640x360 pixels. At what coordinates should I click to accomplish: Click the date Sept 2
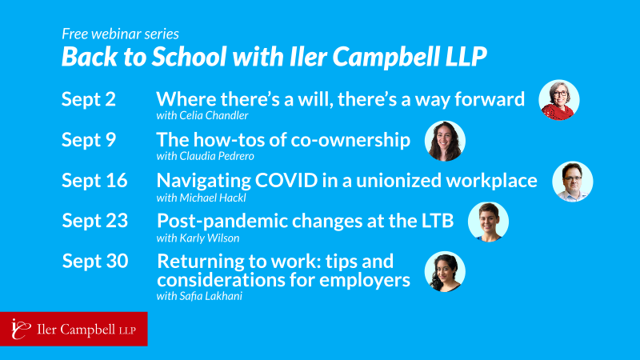click(89, 99)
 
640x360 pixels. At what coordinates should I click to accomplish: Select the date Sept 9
click(89, 140)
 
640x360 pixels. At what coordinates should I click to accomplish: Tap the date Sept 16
click(94, 181)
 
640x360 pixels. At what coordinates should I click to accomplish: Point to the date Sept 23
click(95, 221)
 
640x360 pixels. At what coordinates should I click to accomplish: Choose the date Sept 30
click(95, 262)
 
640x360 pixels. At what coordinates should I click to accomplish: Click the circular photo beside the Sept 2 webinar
click(558, 100)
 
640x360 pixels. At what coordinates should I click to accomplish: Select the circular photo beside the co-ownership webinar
click(445, 141)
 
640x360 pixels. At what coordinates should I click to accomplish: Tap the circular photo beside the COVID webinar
click(573, 182)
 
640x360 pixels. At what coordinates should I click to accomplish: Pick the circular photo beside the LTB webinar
click(488, 222)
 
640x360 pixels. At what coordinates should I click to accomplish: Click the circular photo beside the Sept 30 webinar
click(445, 271)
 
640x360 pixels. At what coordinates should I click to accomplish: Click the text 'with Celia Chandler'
click(202, 115)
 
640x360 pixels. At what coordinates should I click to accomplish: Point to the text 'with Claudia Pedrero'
click(206, 156)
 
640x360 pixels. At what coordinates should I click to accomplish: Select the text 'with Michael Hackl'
click(202, 198)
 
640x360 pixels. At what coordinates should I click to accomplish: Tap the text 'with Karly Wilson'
click(198, 238)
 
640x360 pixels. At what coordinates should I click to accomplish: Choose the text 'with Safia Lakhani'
click(199, 296)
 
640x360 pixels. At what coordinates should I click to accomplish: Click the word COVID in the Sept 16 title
click(286, 181)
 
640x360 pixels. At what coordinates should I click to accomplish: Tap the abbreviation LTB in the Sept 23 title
click(438, 221)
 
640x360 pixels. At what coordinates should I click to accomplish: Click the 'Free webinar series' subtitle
click(121, 34)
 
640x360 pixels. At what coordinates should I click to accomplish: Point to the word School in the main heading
click(190, 56)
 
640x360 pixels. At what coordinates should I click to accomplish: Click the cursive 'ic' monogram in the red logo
click(21, 329)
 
